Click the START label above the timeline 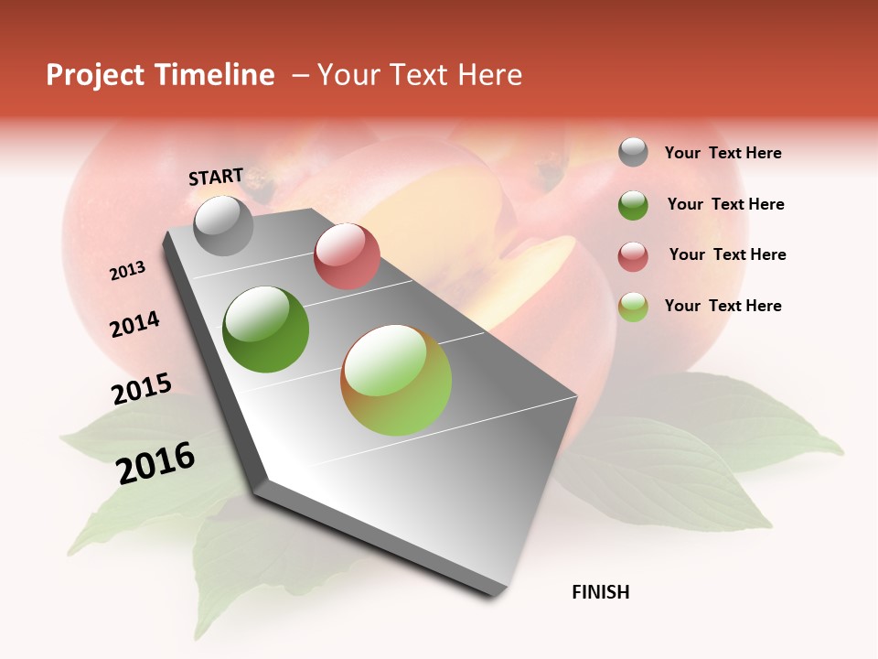tap(216, 177)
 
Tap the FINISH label tap(601, 592)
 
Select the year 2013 tap(128, 271)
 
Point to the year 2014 tap(134, 324)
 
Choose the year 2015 tap(142, 389)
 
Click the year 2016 tap(155, 462)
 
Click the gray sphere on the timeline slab tap(223, 225)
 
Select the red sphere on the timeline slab tap(347, 256)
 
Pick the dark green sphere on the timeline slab tap(266, 329)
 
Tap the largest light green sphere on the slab tap(396, 380)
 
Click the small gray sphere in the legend tap(633, 152)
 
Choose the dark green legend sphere tap(633, 205)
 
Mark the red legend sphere tap(633, 256)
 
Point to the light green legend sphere tap(633, 307)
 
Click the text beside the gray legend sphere tap(723, 153)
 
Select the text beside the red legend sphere tap(727, 254)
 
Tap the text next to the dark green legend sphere tap(725, 204)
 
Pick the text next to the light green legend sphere tap(723, 306)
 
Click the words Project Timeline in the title tap(160, 75)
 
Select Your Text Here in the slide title tap(419, 75)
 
